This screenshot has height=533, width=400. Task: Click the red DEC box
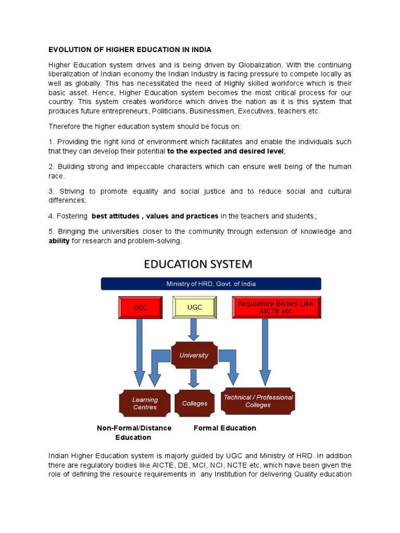[141, 308]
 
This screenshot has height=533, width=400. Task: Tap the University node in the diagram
[194, 356]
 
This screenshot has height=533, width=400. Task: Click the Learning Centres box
[145, 403]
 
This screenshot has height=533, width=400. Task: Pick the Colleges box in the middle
[195, 403]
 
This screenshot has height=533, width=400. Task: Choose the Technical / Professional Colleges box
[258, 401]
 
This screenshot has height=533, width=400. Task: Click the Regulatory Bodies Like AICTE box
[276, 308]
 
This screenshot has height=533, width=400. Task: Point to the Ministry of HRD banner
[210, 284]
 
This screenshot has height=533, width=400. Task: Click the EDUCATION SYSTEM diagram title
[198, 264]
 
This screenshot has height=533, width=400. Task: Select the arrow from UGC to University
[194, 329]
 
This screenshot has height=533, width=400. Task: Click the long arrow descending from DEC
[139, 354]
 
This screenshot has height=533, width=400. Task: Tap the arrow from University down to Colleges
[194, 378]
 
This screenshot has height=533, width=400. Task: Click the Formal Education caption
[224, 428]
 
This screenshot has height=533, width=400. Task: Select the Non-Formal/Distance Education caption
[134, 433]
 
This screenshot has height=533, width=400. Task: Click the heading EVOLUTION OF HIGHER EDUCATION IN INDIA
[130, 50]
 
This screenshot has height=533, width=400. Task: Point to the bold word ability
[59, 241]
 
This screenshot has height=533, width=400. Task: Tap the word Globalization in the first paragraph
[260, 65]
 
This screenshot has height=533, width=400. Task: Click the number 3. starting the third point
[52, 192]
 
